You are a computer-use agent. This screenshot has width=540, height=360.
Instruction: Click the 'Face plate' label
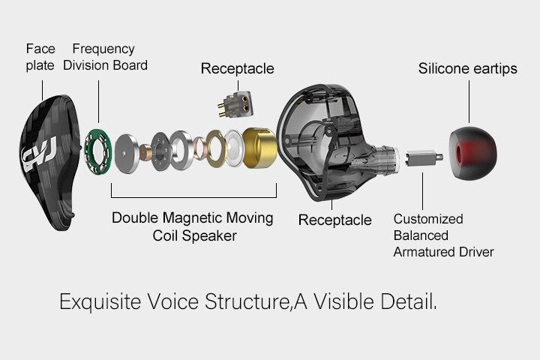tap(40, 56)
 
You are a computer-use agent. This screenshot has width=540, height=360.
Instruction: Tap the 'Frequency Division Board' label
tap(104, 57)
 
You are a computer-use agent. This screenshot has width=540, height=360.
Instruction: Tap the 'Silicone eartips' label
tap(467, 69)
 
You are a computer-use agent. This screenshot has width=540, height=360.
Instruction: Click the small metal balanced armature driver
tap(421, 160)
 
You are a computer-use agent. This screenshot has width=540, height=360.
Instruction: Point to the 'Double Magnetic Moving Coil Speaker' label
tap(193, 226)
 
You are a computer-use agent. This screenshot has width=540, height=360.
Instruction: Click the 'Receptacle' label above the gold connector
tap(237, 69)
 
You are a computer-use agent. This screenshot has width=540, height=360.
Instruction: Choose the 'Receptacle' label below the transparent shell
tap(334, 220)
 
